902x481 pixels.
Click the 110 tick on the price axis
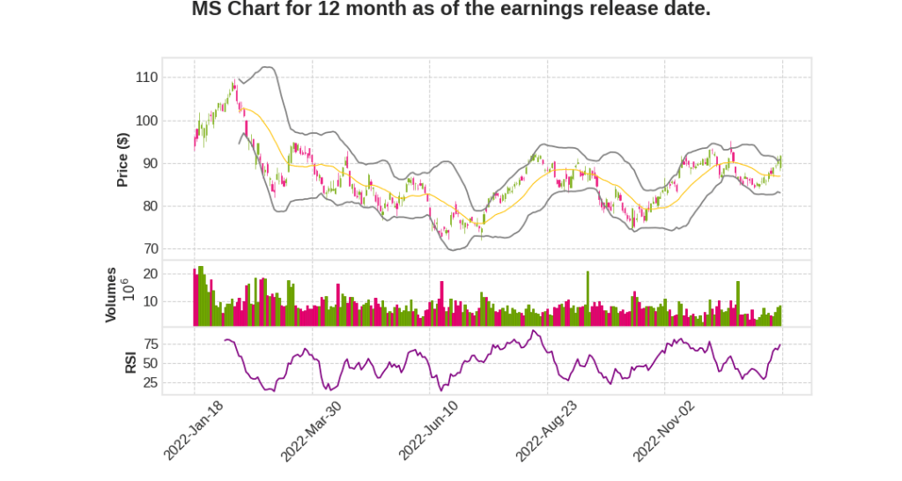(146, 78)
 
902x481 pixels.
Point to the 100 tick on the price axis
(146, 121)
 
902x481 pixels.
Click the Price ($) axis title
(123, 159)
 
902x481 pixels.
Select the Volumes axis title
(111, 294)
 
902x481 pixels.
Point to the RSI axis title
(130, 363)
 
